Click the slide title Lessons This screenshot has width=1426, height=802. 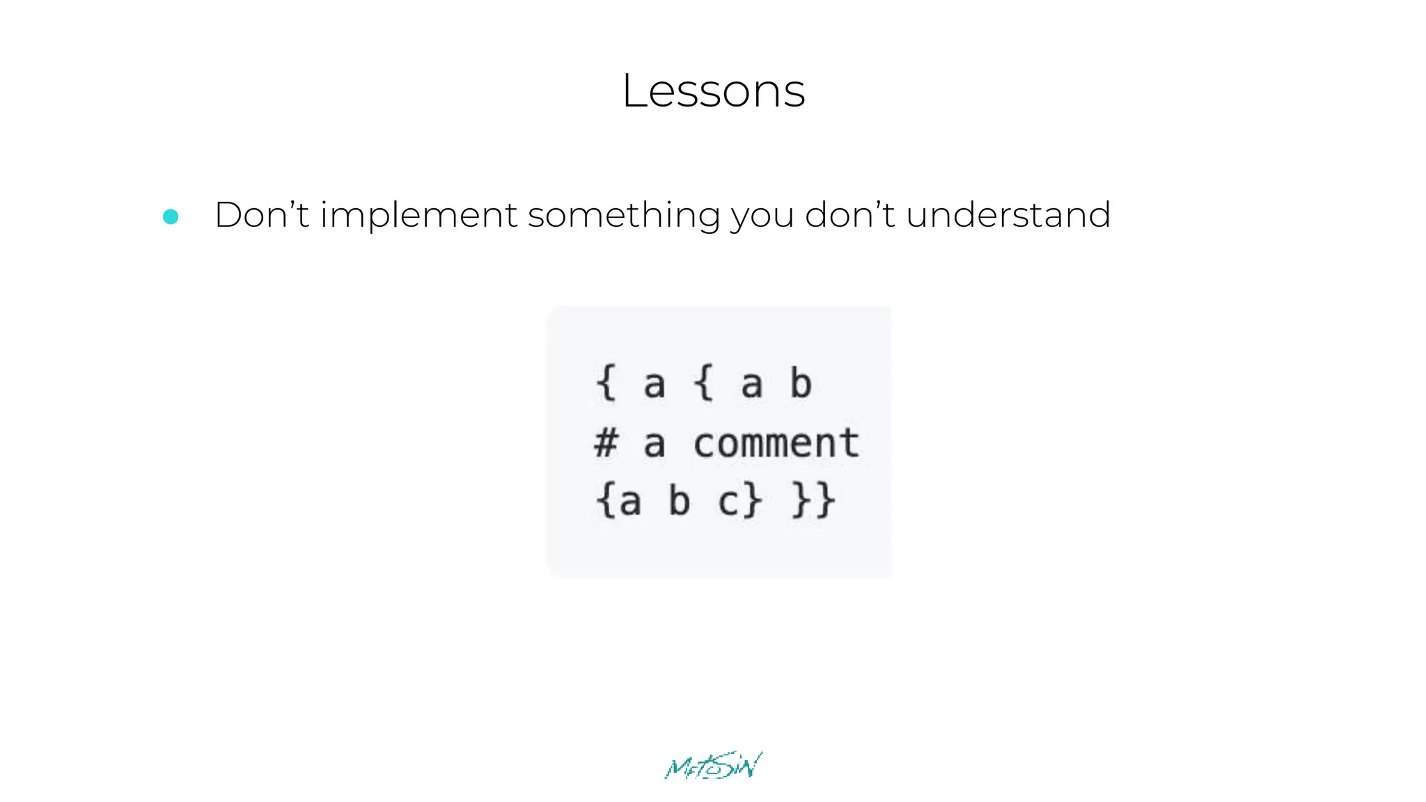point(713,91)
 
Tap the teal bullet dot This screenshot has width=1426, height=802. point(171,217)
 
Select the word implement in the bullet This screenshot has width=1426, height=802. point(418,215)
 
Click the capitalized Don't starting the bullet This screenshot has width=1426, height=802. point(261,214)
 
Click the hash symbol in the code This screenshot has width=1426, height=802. point(606,443)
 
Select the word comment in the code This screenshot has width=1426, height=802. point(776,443)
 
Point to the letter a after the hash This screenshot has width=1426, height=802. point(654,444)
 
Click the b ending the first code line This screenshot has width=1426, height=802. point(801,383)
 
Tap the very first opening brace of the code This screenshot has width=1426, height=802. point(606,383)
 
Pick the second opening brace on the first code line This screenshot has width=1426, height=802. point(704,383)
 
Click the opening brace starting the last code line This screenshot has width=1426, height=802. point(604,501)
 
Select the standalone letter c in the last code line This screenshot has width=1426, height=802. point(728,502)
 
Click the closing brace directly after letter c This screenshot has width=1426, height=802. point(753,501)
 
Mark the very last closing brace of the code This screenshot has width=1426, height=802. point(826,501)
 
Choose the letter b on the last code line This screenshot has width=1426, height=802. point(679,501)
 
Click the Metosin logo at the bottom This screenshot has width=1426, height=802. point(713,766)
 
